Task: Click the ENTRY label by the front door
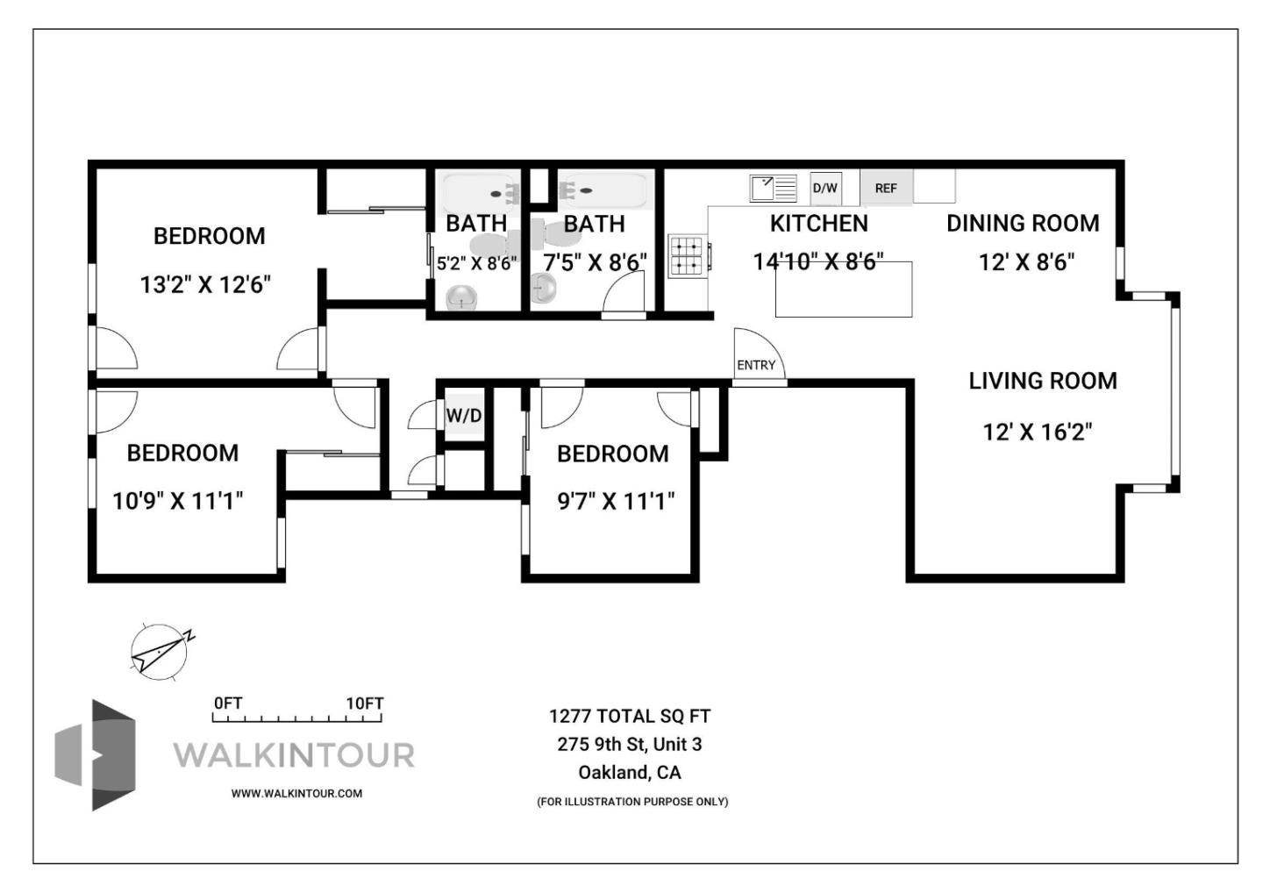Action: (755, 365)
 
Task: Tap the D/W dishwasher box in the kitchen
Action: (824, 188)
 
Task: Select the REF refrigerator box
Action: (886, 188)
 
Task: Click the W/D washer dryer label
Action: (464, 415)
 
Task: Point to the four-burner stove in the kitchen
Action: (687, 255)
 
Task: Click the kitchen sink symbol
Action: (773, 189)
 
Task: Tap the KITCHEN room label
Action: (818, 224)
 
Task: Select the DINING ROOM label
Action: (1022, 224)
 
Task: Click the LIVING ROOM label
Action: (1042, 381)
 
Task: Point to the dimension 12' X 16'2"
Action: (1037, 432)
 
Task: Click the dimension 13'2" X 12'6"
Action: (205, 284)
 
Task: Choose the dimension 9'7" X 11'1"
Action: (616, 501)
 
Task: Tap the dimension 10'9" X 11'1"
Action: (178, 501)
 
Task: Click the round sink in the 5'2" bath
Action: (461, 297)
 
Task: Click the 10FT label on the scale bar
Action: (364, 704)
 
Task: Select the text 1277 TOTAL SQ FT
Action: (629, 716)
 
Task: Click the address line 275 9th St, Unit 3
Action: (629, 744)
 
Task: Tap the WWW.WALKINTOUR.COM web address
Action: (296, 793)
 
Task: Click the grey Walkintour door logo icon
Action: (96, 754)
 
